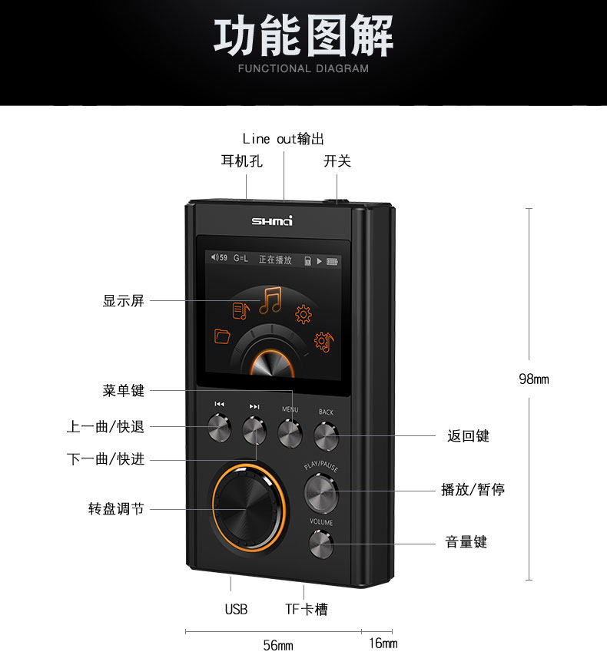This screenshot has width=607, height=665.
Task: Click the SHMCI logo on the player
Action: pyautogui.click(x=272, y=221)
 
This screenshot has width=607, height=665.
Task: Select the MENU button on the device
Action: pyautogui.click(x=290, y=434)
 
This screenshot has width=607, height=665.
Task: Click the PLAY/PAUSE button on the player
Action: pyautogui.click(x=320, y=493)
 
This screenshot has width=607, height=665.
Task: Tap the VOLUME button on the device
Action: pyautogui.click(x=321, y=544)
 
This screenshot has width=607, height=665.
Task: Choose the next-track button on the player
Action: pyautogui.click(x=254, y=430)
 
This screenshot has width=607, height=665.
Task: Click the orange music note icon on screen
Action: pyautogui.click(x=270, y=300)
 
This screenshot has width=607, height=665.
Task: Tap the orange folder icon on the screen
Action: pyautogui.click(x=223, y=335)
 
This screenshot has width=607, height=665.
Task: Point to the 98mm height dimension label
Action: pyautogui.click(x=533, y=379)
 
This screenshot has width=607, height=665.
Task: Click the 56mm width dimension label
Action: pyautogui.click(x=278, y=645)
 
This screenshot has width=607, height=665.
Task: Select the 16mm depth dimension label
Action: pyautogui.click(x=383, y=643)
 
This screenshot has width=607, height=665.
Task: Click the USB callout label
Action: pyautogui.click(x=236, y=609)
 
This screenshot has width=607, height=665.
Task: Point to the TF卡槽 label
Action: pyautogui.click(x=307, y=609)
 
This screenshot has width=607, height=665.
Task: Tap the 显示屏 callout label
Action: pyautogui.click(x=123, y=301)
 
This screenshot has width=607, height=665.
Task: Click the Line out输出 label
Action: pyautogui.click(x=283, y=139)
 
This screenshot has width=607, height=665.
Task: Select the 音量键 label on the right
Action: pyautogui.click(x=466, y=542)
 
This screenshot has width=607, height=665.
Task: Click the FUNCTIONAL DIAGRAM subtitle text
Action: pyautogui.click(x=303, y=68)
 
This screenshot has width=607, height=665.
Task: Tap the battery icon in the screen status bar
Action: pyautogui.click(x=333, y=260)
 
